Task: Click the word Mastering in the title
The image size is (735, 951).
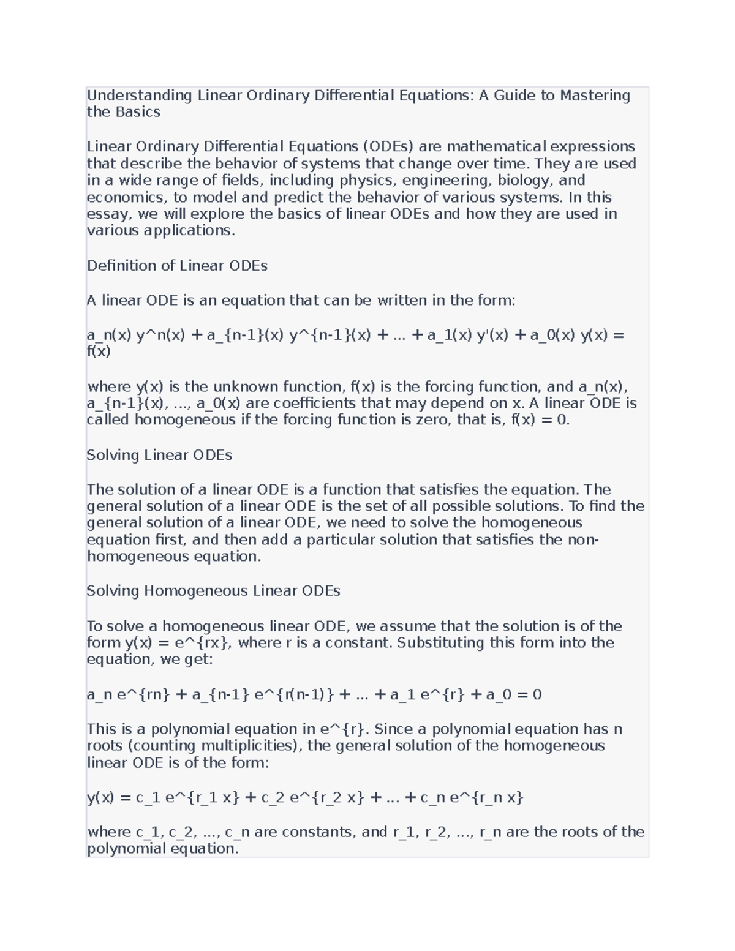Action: point(595,96)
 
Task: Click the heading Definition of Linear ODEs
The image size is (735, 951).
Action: point(177,266)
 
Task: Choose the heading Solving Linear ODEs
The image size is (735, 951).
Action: point(159,456)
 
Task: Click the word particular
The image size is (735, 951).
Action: point(341,540)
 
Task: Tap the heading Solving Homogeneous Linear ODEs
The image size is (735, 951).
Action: point(213,592)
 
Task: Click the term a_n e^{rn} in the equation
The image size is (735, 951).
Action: point(128,695)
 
